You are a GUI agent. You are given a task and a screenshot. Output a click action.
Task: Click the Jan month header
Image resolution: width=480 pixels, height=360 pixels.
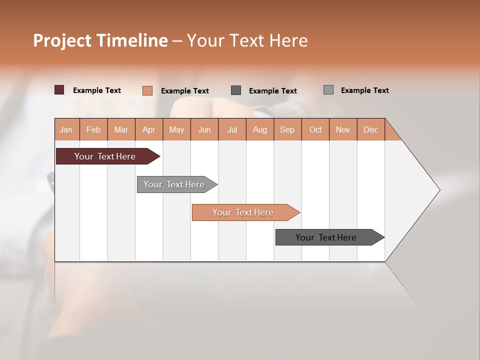(x=66, y=129)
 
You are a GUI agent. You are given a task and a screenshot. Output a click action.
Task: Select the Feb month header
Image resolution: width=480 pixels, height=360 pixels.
(x=93, y=129)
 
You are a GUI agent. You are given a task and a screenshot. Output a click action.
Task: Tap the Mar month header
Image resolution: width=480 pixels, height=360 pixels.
(x=121, y=129)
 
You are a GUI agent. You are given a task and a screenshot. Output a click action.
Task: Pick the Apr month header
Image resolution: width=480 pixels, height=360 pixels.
(x=149, y=129)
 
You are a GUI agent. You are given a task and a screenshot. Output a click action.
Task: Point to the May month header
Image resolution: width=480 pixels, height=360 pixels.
(x=176, y=129)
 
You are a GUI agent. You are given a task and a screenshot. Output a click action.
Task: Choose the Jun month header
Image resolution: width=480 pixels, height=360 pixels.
(x=204, y=129)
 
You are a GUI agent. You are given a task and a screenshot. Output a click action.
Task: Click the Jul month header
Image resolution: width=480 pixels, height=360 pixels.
(x=232, y=129)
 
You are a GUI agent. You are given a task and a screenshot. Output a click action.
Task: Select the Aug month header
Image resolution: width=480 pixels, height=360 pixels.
(x=260, y=129)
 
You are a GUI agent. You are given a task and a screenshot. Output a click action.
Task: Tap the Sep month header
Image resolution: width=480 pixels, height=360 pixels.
(x=287, y=129)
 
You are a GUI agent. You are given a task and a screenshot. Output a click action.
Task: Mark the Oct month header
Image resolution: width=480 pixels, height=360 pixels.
(x=315, y=129)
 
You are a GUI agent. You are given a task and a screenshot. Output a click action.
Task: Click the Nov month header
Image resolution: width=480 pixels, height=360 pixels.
(x=343, y=129)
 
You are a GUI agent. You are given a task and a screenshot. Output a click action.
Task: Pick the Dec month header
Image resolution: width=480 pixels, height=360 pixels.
(x=371, y=129)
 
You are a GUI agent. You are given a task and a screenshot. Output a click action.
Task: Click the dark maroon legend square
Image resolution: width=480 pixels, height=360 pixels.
(x=59, y=90)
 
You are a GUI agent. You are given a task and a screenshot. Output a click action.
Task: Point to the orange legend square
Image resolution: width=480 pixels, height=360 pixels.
(x=147, y=90)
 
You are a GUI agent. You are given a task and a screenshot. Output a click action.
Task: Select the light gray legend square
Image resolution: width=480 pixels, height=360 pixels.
(x=328, y=90)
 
